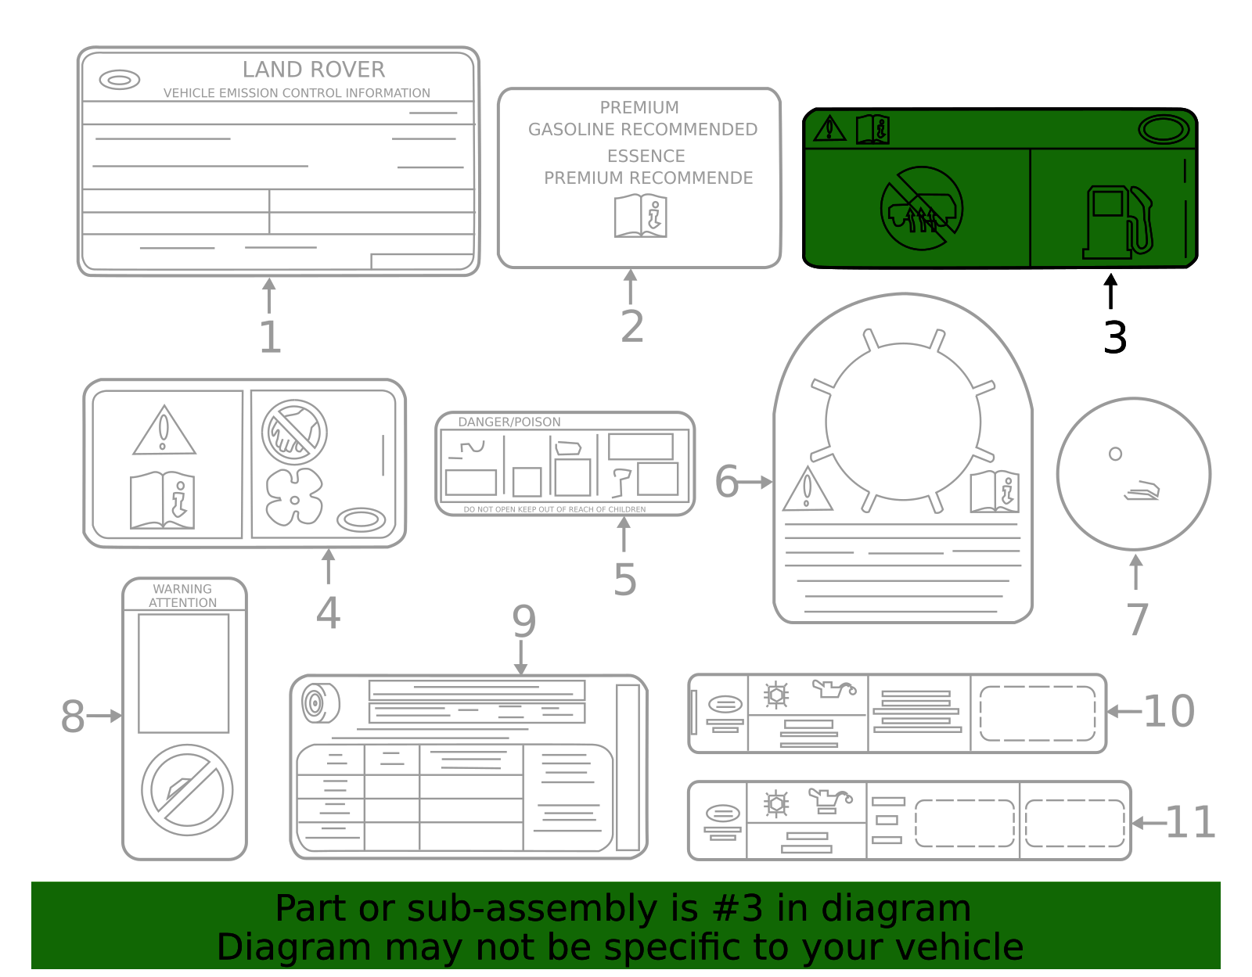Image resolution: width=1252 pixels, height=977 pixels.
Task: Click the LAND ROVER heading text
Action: tap(313, 70)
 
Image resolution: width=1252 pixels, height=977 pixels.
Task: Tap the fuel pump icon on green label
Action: tap(1117, 222)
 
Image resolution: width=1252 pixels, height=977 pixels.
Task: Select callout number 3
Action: tap(1115, 338)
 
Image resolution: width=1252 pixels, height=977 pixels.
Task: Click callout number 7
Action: tap(1137, 620)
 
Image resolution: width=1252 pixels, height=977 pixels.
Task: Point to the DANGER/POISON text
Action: tap(509, 422)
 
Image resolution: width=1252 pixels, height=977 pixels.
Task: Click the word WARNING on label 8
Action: tap(182, 589)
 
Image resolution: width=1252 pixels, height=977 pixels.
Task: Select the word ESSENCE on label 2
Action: tap(646, 156)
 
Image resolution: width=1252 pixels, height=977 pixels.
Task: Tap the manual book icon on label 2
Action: tap(641, 216)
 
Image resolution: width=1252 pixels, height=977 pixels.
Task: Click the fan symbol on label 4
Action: tap(294, 497)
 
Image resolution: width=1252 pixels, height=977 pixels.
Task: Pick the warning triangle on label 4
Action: tap(164, 431)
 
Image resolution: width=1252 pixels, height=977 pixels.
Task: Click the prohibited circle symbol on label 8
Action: tap(187, 790)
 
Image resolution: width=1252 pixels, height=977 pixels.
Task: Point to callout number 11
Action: tap(1189, 823)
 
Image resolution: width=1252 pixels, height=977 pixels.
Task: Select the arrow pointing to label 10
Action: tap(1124, 711)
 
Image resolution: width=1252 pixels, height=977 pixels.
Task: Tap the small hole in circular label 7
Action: tap(1115, 454)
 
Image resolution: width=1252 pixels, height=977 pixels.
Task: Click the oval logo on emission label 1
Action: tap(120, 80)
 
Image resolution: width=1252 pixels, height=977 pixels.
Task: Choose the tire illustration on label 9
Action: tap(320, 703)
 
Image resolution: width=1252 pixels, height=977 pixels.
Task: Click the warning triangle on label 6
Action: tap(807, 490)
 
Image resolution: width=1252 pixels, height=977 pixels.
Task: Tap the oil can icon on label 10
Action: tap(833, 689)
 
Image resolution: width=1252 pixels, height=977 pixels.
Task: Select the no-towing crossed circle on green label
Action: tap(921, 209)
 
